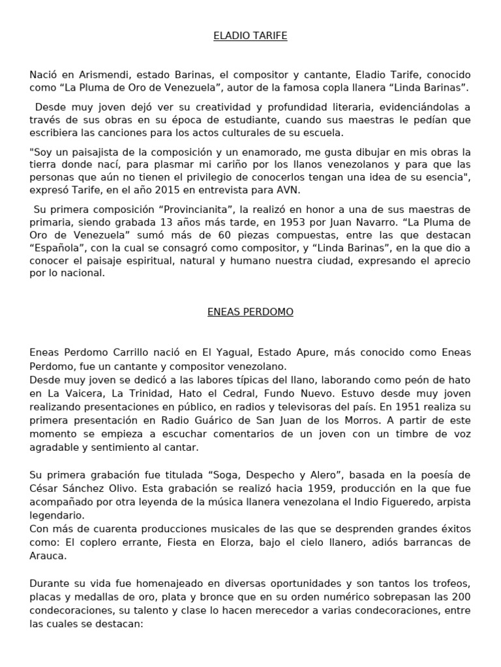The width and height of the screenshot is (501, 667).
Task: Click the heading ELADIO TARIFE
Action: pyautogui.click(x=250, y=36)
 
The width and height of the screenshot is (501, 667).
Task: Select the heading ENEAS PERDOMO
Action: pyautogui.click(x=250, y=312)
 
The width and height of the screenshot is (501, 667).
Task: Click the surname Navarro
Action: pyautogui.click(x=372, y=222)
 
